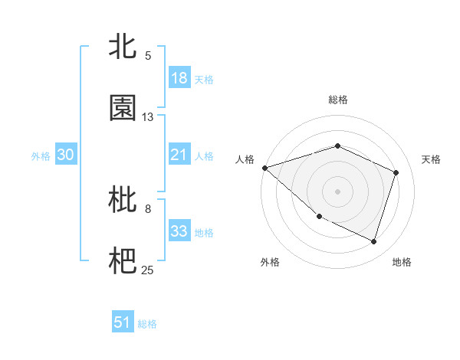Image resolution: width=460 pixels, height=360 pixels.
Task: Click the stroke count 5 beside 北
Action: click(x=148, y=55)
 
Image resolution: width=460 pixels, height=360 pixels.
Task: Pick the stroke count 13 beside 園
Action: click(x=148, y=117)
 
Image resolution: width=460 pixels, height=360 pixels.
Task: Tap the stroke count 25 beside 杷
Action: click(x=148, y=270)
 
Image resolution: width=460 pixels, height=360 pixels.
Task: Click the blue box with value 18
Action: click(x=179, y=78)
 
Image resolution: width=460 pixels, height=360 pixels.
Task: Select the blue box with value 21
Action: click(x=179, y=155)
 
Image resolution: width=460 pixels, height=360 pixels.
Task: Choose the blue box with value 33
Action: click(x=179, y=231)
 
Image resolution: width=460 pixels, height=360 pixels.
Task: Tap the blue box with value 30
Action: click(x=66, y=155)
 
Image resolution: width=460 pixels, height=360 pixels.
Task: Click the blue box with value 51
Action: click(x=123, y=323)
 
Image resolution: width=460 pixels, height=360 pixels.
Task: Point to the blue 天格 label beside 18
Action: click(x=204, y=79)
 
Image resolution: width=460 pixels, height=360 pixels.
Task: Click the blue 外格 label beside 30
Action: click(x=41, y=155)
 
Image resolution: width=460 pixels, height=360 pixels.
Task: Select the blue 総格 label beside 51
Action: click(x=147, y=324)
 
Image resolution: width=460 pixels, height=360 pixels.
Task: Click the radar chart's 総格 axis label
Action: click(x=338, y=100)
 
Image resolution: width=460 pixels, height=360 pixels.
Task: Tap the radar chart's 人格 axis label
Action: click(x=245, y=159)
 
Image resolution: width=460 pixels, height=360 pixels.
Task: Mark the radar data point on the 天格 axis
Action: click(x=396, y=172)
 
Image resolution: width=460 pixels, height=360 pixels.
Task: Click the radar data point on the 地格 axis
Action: click(x=374, y=242)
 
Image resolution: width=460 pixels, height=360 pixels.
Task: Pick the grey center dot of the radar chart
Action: click(x=337, y=191)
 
